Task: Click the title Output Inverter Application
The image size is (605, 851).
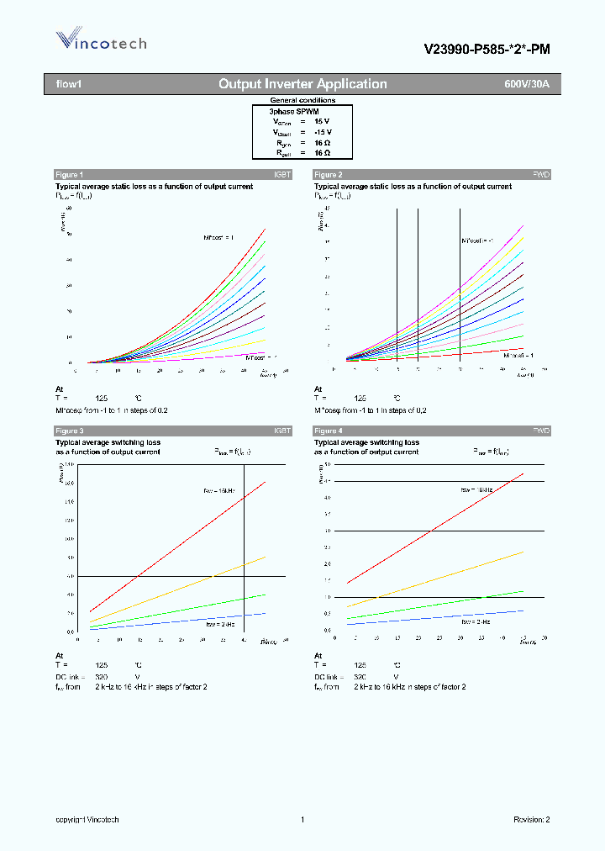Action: pos(302,84)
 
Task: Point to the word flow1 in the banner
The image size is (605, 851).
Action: pos(67,84)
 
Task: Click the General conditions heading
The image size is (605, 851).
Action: pos(302,100)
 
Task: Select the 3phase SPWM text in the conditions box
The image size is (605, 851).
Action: pos(293,111)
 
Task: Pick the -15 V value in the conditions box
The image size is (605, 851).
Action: pos(323,132)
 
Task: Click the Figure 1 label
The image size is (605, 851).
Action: pos(69,174)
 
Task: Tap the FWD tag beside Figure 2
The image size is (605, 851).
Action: pos(541,174)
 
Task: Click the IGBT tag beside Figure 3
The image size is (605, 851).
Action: pos(281,431)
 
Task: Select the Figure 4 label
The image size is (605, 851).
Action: pos(328,431)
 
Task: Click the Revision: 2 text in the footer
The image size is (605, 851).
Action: pos(531,819)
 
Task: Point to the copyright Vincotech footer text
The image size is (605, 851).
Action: pos(87,819)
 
